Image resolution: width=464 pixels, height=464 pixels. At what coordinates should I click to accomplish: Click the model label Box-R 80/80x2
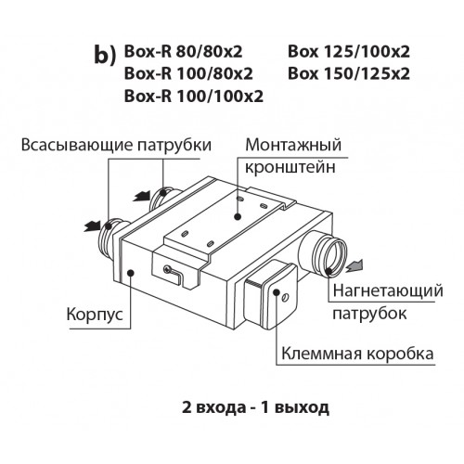183,52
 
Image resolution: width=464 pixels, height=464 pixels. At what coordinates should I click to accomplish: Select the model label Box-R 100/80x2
188,74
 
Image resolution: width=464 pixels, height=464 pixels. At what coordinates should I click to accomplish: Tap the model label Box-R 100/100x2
194,97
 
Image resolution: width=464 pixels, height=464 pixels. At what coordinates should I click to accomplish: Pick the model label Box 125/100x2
349,52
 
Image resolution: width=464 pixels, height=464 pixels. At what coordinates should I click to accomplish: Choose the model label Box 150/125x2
349,74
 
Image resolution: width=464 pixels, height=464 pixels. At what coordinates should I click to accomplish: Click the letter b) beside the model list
104,56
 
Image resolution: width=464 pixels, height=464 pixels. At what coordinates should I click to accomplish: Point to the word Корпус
95,315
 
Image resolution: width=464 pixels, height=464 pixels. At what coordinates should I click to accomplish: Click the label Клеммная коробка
357,354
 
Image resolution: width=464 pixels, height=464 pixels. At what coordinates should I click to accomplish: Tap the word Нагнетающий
388,291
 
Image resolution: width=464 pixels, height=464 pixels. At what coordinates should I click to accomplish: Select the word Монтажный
293,145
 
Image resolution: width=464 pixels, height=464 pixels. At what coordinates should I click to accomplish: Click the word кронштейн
290,167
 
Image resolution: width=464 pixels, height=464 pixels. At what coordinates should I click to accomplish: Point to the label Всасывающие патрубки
116,145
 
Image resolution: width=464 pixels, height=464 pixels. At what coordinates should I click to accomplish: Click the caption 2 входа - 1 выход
255,407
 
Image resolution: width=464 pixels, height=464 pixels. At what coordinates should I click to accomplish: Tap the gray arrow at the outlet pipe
354,266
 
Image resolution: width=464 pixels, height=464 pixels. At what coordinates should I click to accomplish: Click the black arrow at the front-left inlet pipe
93,226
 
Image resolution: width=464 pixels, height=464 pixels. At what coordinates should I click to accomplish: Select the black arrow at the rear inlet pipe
142,197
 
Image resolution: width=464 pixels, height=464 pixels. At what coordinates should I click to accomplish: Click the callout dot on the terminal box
277,292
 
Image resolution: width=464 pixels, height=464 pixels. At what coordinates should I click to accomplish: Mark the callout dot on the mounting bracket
238,216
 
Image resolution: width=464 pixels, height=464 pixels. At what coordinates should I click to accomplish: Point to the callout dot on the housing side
130,273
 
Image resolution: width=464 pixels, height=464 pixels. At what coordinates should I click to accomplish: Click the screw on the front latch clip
168,269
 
